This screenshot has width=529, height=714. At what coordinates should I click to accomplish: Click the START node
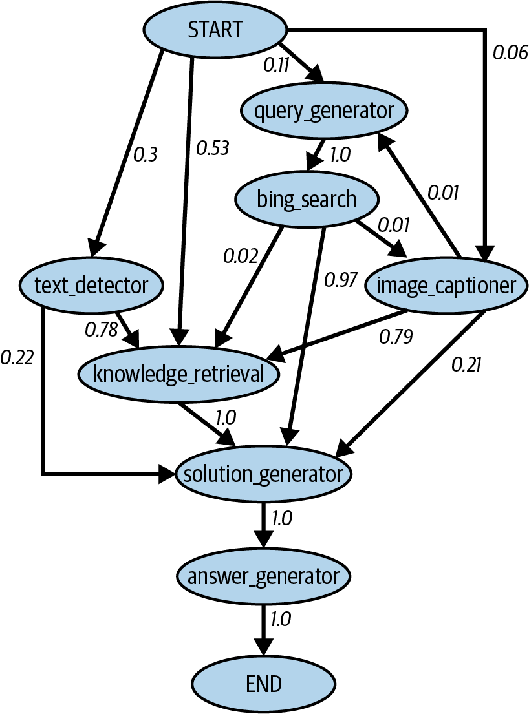point(214,30)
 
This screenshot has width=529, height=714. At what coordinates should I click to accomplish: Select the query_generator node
point(323,110)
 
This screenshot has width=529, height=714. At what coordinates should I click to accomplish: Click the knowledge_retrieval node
point(179,373)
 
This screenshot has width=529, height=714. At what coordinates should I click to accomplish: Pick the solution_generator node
point(263,474)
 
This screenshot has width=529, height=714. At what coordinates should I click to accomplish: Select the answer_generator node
point(263,575)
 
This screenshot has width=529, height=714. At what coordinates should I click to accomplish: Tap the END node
point(263,683)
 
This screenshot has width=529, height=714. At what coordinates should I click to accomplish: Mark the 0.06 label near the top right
point(510,52)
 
